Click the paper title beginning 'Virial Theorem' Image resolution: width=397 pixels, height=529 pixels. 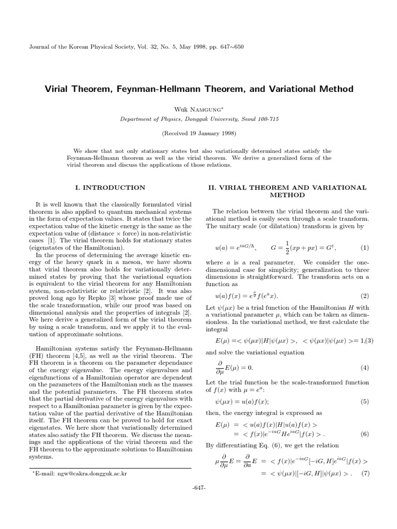tap(199, 89)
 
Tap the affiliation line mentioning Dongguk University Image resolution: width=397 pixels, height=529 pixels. tap(199, 119)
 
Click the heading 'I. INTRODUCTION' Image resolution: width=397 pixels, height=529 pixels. tap(111, 188)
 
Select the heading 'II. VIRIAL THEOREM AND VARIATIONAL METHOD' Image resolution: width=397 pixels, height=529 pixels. tap(287, 192)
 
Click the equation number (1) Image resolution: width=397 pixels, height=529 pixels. tap(363, 247)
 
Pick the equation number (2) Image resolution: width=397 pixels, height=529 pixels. tap(363, 296)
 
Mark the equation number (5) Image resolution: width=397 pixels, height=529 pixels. tap(363, 401)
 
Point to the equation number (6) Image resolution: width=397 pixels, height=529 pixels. tap(363, 434)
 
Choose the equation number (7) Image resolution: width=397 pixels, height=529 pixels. tap(363, 473)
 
